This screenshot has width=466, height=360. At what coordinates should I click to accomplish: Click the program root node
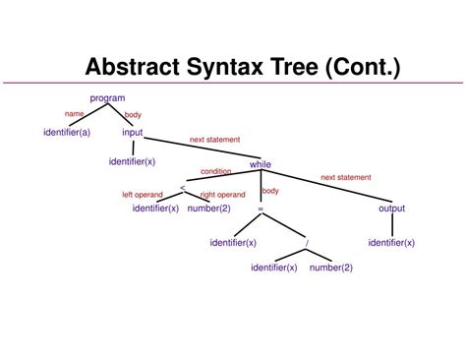pos(107,97)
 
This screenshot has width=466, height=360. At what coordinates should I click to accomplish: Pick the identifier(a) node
pos(67,132)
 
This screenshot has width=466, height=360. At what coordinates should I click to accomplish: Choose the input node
pos(133,132)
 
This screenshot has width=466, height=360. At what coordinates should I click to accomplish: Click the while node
pos(260,164)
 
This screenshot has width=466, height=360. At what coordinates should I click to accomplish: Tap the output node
pos(391,209)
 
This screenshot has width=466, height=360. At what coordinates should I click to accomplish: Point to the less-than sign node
pos(183,187)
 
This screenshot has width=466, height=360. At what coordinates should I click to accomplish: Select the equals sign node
pos(260,209)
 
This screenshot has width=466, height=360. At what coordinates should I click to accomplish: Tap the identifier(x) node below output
pos(391,242)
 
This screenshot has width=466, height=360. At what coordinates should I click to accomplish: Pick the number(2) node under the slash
pos(331,268)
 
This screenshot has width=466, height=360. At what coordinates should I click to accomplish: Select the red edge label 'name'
pos(74,114)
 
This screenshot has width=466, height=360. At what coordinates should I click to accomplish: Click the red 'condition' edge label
pos(216,171)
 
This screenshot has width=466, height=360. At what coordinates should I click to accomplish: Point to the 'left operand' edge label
pos(142,195)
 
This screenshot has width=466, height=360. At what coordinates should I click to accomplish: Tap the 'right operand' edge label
pos(224,195)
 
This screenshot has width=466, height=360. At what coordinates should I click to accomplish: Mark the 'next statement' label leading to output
pos(346,177)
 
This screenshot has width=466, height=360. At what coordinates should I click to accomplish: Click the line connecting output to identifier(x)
pos(391,225)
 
